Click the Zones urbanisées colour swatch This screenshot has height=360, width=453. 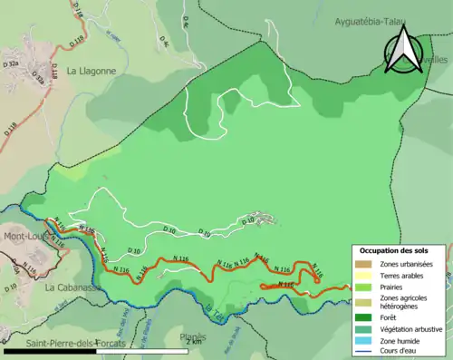click(365, 264)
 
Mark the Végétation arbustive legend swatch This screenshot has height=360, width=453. click(365, 328)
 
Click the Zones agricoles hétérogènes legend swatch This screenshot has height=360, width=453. click(365, 302)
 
